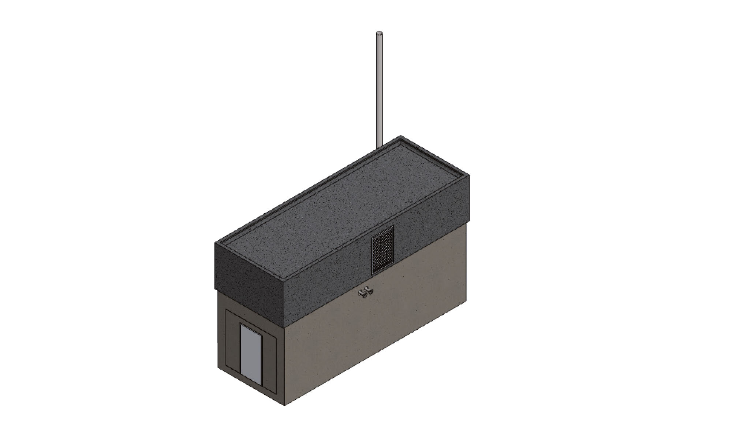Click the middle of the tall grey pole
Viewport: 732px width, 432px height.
(379, 90)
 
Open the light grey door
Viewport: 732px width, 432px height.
(251, 354)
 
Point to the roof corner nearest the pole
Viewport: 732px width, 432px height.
(400, 136)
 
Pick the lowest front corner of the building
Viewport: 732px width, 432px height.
(285, 405)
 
